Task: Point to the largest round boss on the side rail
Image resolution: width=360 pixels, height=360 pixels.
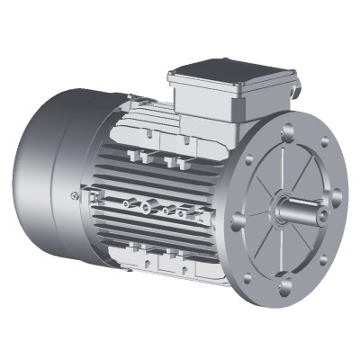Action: (146, 206)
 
